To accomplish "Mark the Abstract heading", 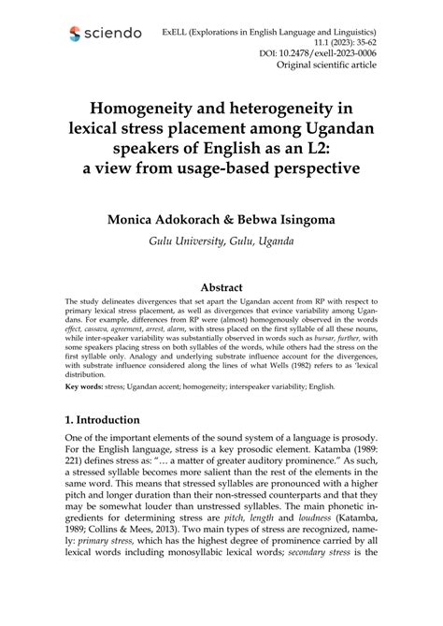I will click(221, 287).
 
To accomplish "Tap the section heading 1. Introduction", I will click(115, 420).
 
